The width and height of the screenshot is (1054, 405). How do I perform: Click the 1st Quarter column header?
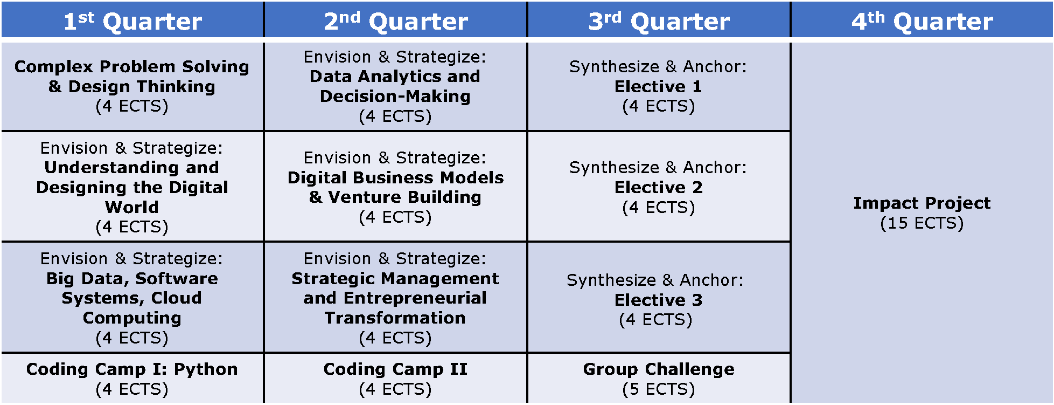click(132, 20)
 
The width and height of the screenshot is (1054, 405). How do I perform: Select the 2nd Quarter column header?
click(396, 20)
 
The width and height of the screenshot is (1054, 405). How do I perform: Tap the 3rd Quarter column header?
click(659, 20)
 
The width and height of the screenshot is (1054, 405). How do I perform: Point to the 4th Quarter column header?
click(922, 20)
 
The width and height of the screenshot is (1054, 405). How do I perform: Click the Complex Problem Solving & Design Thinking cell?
click(132, 86)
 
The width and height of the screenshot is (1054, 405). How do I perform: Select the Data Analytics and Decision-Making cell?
click(396, 86)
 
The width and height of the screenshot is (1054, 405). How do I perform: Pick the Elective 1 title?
click(658, 86)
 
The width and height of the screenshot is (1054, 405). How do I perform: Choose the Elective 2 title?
click(658, 187)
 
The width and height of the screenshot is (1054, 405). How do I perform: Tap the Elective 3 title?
click(658, 300)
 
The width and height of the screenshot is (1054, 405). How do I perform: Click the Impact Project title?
click(922, 203)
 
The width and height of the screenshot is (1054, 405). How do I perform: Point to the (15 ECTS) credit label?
click(922, 223)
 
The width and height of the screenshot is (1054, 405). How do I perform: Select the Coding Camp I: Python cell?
click(132, 378)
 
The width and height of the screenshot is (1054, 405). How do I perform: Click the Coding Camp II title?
click(395, 369)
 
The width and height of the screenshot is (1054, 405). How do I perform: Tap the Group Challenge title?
click(659, 369)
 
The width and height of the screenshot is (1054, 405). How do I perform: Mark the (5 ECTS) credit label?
click(659, 389)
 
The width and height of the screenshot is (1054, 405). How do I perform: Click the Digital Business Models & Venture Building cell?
click(396, 187)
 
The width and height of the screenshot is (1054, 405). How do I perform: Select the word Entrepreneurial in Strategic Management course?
click(415, 298)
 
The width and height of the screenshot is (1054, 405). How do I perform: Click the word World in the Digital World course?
click(132, 207)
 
